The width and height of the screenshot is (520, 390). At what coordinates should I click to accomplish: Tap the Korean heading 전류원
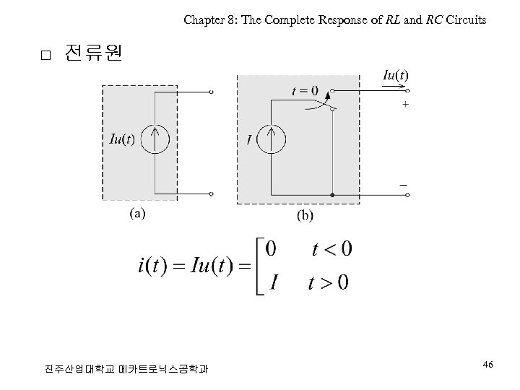93,53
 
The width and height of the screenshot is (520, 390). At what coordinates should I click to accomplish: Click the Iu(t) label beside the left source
121,139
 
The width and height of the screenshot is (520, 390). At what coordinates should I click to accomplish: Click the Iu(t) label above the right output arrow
395,75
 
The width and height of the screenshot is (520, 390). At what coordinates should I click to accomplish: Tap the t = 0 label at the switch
304,91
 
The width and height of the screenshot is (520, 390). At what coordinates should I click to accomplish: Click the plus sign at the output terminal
404,104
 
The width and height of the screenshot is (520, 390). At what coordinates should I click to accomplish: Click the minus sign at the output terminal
404,185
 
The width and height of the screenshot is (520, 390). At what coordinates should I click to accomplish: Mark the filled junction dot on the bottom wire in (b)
331,195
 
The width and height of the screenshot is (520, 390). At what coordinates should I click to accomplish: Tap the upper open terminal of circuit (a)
212,92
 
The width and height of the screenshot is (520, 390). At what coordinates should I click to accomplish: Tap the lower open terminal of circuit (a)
212,194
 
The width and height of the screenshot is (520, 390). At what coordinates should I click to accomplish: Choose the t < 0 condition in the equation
331,250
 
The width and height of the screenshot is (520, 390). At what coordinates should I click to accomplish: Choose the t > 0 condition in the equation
329,282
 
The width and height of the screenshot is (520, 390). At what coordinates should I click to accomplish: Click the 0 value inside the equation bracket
271,250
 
